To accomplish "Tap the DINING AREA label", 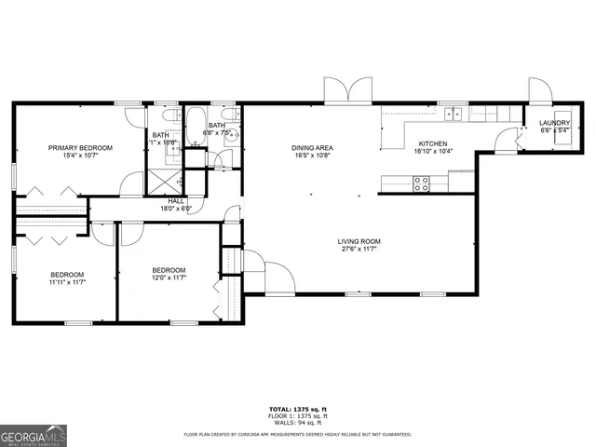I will [312, 148].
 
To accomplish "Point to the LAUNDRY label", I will [555, 123].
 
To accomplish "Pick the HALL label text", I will [176, 201].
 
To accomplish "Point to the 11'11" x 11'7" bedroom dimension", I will [68, 281].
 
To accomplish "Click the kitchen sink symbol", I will [454, 114].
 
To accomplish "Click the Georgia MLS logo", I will [32, 436].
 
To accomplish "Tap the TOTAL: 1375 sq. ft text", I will [298, 409].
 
